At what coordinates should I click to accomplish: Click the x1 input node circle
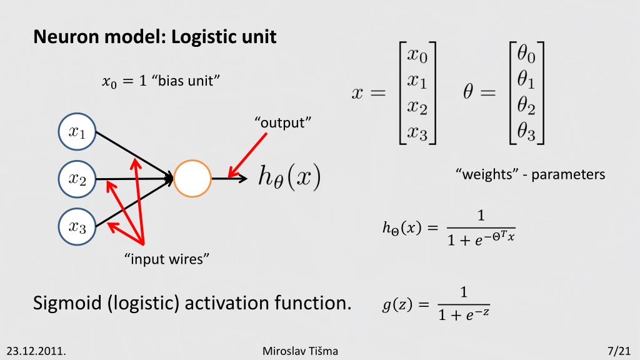[x=77, y=132]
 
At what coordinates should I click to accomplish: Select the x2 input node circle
[x=77, y=179]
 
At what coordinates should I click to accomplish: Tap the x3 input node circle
[x=77, y=226]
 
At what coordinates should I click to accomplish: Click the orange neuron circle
[x=192, y=179]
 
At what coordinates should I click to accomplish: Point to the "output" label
[x=283, y=122]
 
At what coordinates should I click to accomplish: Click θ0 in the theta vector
[x=526, y=55]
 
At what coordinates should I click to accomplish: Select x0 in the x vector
[x=417, y=55]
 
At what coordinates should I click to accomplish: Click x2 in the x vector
[x=417, y=107]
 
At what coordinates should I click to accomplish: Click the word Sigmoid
[x=66, y=304]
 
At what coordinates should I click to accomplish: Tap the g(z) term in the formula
[x=397, y=306]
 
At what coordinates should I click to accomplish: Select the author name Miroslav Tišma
[x=300, y=351]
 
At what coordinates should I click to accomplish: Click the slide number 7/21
[x=619, y=351]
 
